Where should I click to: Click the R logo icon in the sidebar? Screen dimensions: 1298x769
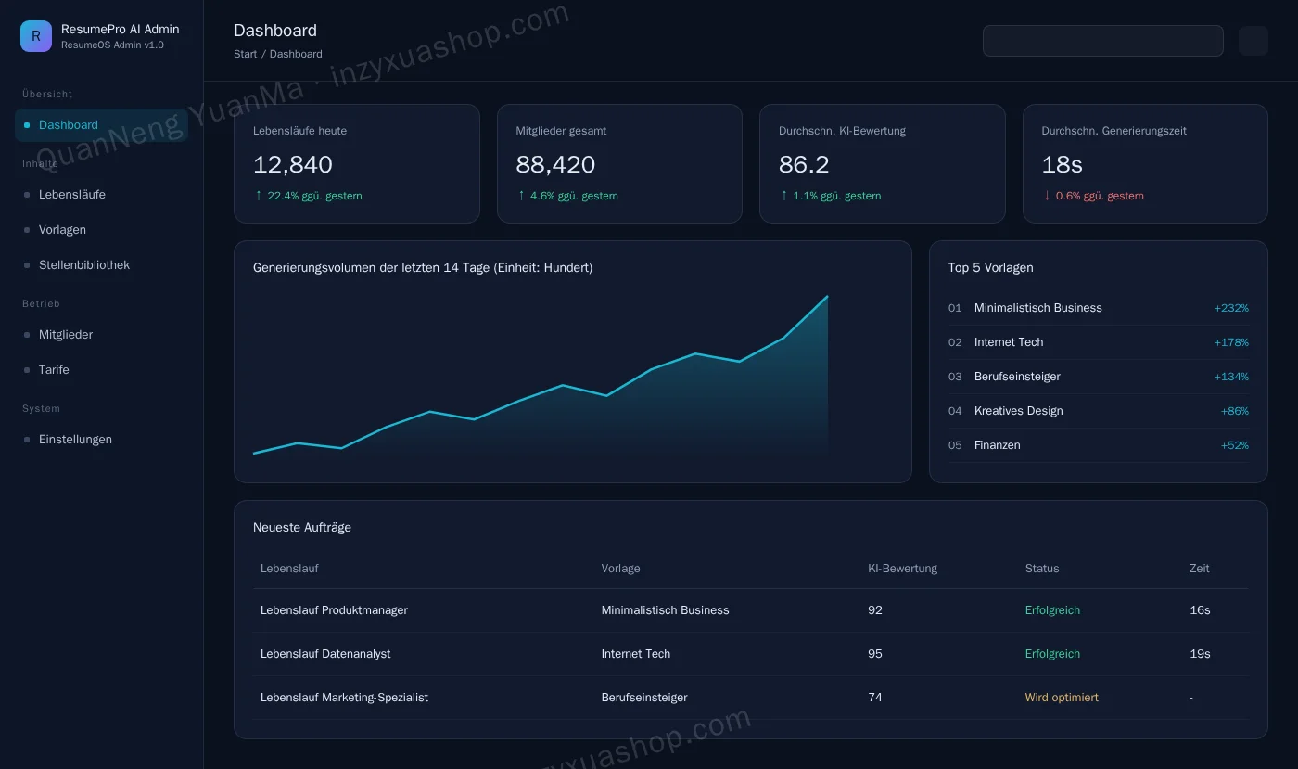point(36,36)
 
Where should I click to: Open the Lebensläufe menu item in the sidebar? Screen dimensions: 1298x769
point(72,194)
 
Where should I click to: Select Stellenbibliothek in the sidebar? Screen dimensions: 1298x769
point(84,265)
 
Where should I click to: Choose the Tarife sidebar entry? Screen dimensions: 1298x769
point(54,369)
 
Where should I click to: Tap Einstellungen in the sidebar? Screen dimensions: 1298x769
point(75,439)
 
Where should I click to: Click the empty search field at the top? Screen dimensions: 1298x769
point(1102,41)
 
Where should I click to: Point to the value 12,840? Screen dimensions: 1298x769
point(293,165)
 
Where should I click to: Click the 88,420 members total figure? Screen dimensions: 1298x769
point(555,165)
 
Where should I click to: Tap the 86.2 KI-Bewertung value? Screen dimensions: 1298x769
point(804,165)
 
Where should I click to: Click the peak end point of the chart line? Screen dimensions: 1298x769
point(827,296)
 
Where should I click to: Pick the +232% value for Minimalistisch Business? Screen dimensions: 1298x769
point(1231,308)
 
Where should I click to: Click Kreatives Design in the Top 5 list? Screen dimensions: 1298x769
point(1019,411)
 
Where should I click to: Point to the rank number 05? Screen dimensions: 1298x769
point(955,445)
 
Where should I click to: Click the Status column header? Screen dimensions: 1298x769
point(1042,569)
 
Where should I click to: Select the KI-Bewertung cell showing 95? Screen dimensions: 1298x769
point(875,654)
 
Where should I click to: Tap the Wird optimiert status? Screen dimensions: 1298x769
point(1062,697)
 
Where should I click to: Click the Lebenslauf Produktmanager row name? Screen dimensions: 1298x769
point(334,610)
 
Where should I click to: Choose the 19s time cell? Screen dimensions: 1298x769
point(1200,654)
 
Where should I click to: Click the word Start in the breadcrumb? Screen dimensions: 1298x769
point(245,54)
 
